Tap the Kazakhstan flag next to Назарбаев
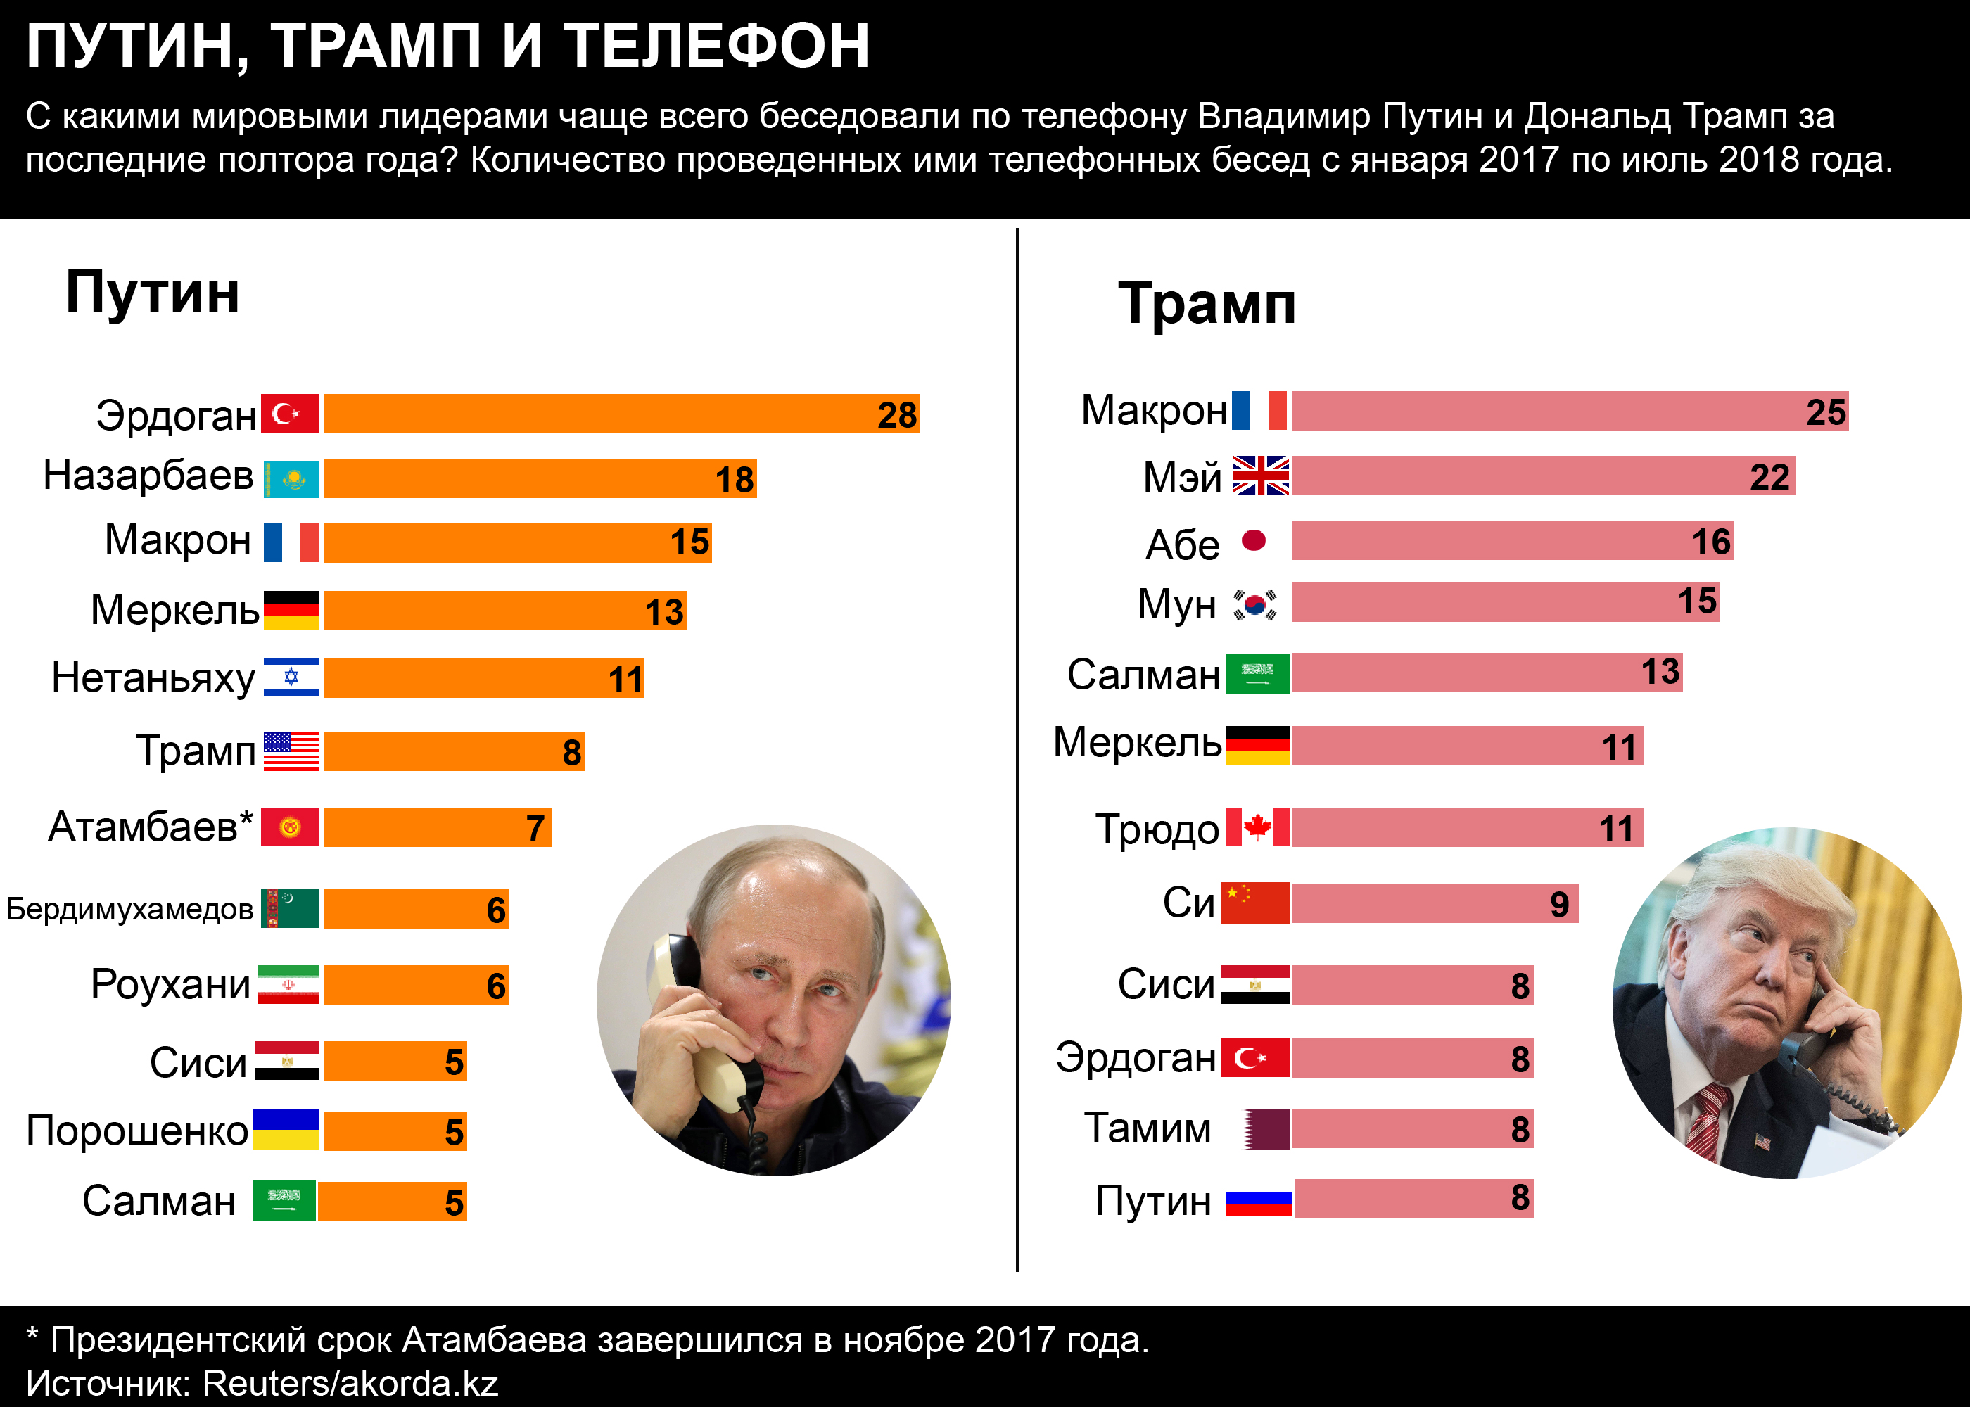(x=291, y=479)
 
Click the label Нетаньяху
(x=153, y=677)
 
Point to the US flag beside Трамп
(x=291, y=751)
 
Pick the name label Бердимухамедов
(x=130, y=909)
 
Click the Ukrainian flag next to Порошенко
(x=286, y=1130)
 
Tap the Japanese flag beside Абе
(x=1254, y=540)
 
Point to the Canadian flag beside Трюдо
(x=1258, y=827)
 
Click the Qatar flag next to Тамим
(x=1266, y=1130)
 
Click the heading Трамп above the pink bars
(x=1207, y=304)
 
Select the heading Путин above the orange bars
(x=153, y=293)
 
